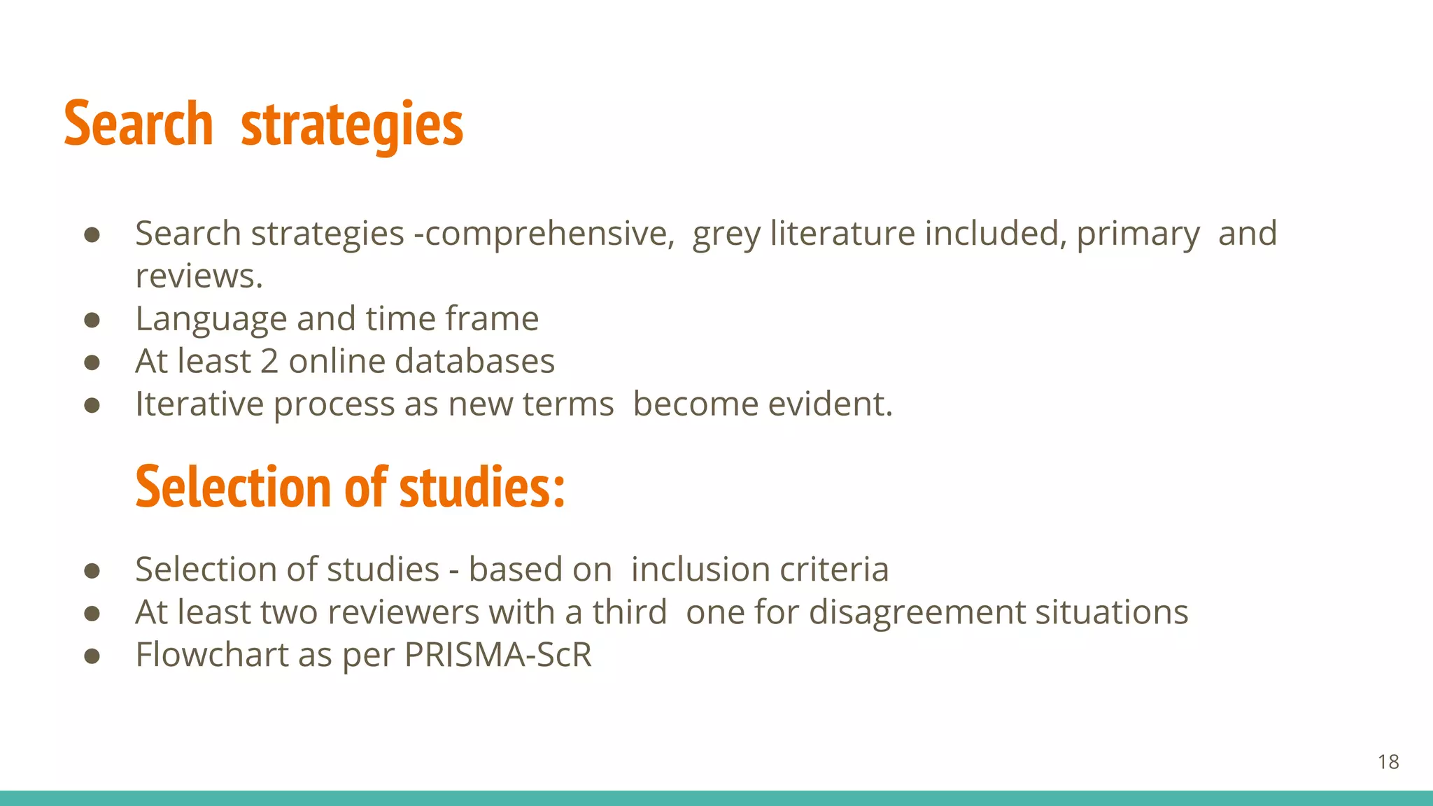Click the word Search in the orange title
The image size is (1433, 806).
(x=139, y=124)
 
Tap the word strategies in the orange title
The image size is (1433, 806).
(x=351, y=125)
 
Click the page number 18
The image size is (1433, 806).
(x=1388, y=762)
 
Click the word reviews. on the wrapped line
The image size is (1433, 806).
(x=199, y=276)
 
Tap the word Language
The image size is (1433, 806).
(x=211, y=320)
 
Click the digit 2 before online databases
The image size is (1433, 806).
(x=269, y=362)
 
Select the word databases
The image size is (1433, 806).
(x=474, y=362)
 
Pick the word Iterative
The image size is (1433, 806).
(x=199, y=404)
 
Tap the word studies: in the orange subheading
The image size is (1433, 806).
(x=482, y=487)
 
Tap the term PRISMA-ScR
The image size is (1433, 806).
(x=497, y=655)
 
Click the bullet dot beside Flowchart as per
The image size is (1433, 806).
(x=92, y=656)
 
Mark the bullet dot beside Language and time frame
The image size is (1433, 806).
(x=92, y=320)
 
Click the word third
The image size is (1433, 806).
(x=630, y=612)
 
